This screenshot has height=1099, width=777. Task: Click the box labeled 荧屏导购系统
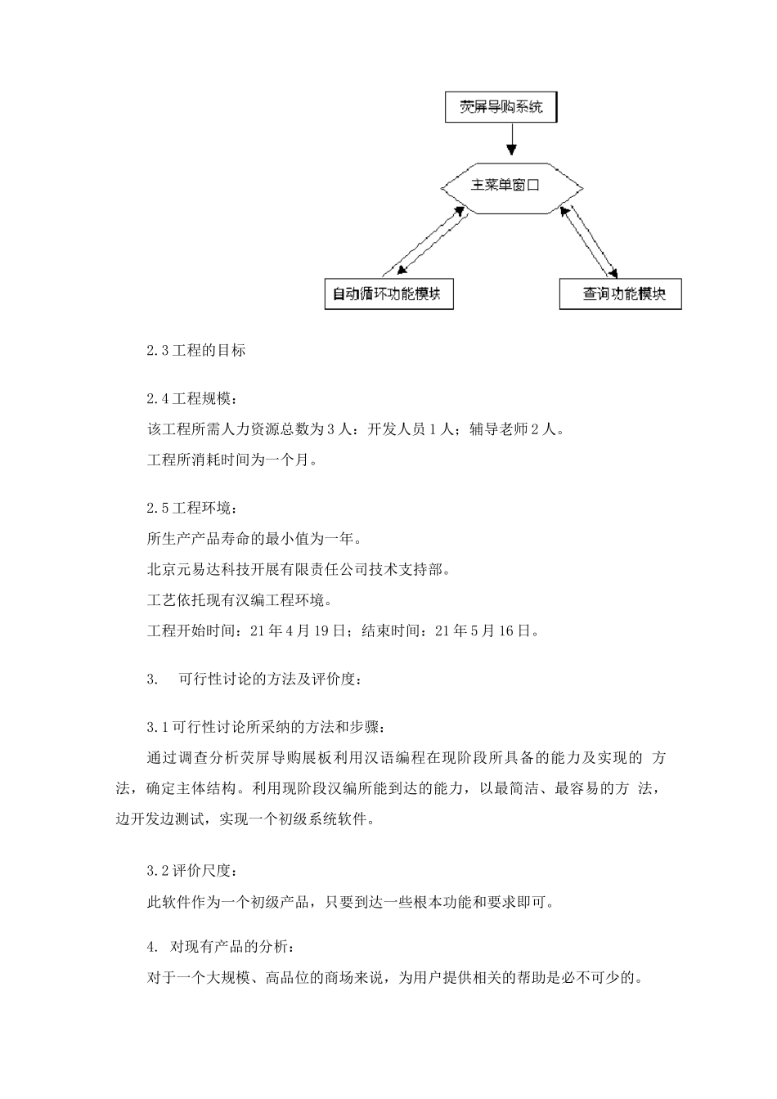pyautogui.click(x=501, y=107)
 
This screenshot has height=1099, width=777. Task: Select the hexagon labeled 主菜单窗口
pyautogui.click(x=512, y=186)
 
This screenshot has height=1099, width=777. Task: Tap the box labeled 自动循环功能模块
pyautogui.click(x=388, y=294)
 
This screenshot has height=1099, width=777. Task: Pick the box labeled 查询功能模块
pyautogui.click(x=620, y=294)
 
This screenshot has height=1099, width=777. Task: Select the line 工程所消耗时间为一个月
pyautogui.click(x=231, y=460)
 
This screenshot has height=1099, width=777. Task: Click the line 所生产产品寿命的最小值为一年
pyautogui.click(x=254, y=539)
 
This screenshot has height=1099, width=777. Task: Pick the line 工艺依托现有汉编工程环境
pyautogui.click(x=239, y=600)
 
